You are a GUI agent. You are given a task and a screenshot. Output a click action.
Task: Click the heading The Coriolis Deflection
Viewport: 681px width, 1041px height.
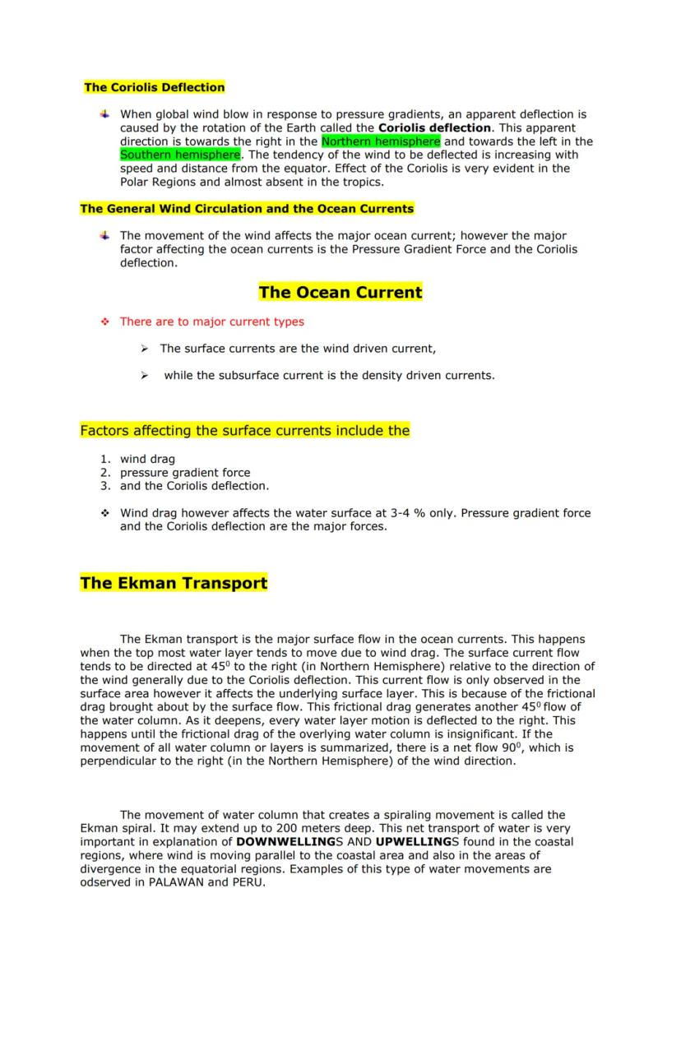pyautogui.click(x=155, y=87)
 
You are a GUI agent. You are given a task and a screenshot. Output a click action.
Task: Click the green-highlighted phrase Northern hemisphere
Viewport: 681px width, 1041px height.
pyautogui.click(x=381, y=141)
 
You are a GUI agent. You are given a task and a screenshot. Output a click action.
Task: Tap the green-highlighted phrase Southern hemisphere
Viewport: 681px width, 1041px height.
pyautogui.click(x=180, y=155)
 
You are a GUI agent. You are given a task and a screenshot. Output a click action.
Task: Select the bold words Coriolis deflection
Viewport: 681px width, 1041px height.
pyautogui.click(x=435, y=128)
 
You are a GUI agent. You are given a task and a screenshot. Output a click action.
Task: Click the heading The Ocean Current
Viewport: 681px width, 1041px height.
pyautogui.click(x=340, y=293)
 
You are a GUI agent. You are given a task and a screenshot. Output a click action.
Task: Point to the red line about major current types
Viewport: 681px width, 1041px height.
pyautogui.click(x=211, y=322)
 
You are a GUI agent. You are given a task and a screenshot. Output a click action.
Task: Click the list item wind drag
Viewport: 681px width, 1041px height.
pyautogui.click(x=147, y=459)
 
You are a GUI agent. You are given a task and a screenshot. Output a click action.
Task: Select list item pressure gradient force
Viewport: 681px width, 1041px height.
pyautogui.click(x=185, y=473)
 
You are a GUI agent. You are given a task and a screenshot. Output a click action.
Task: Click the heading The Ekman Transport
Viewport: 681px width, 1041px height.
pyautogui.click(x=174, y=584)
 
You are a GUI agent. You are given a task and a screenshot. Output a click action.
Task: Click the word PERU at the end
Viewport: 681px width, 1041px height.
pyautogui.click(x=248, y=882)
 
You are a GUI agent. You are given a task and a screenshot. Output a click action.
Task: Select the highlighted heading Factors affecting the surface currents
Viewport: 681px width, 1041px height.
pyautogui.click(x=244, y=431)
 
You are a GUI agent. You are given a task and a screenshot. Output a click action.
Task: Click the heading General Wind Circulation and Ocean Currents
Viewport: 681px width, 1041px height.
pyautogui.click(x=247, y=209)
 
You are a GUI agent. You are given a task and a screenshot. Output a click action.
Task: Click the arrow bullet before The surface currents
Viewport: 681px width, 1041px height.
pyautogui.click(x=144, y=349)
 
